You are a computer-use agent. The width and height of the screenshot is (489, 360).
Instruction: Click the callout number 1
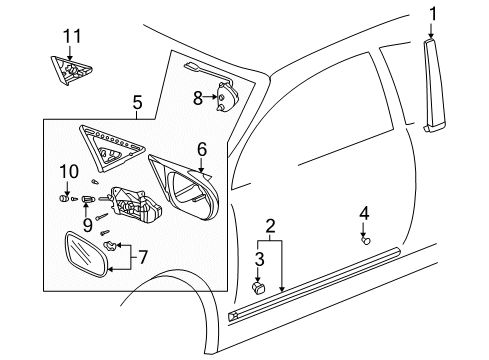[433, 13]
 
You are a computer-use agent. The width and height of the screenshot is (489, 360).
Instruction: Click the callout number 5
[137, 101]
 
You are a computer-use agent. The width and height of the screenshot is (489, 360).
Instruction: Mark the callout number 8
[196, 97]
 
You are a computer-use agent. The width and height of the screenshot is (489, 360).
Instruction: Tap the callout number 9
[87, 224]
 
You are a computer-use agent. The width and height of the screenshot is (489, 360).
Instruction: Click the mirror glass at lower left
[82, 258]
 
